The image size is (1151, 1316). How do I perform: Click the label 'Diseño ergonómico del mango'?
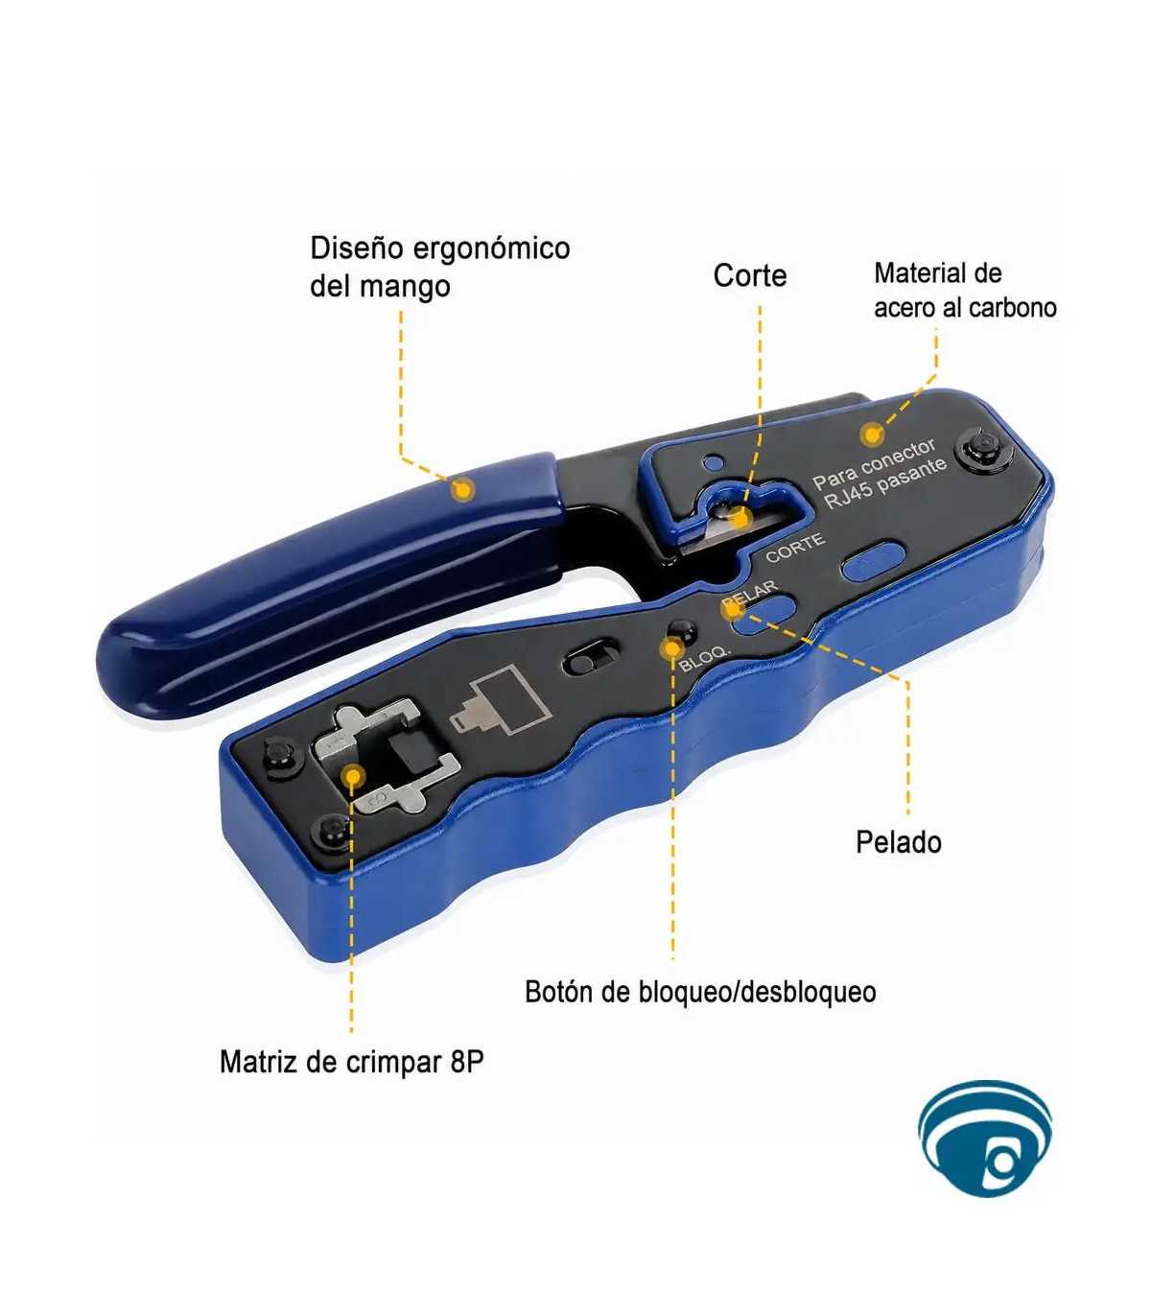coord(440,267)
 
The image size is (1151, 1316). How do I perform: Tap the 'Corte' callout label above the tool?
coord(750,275)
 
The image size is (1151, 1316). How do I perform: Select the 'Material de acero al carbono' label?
coord(965,290)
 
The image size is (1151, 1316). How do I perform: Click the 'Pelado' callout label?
coord(899,842)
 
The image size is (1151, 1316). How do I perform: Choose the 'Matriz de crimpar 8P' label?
coord(351,1061)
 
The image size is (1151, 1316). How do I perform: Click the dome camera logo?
coord(984,1140)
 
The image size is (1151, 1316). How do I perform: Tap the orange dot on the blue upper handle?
coord(462,490)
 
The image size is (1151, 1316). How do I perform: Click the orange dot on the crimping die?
coord(352,777)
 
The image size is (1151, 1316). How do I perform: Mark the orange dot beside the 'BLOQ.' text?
coord(672,647)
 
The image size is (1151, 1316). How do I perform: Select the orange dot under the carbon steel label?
coord(871,435)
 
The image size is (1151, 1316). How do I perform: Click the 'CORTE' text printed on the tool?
coord(795,548)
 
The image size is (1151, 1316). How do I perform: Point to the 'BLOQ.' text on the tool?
coord(705,659)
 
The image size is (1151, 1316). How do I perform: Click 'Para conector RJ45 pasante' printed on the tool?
coord(880,475)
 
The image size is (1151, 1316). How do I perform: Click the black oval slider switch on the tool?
coord(589,658)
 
